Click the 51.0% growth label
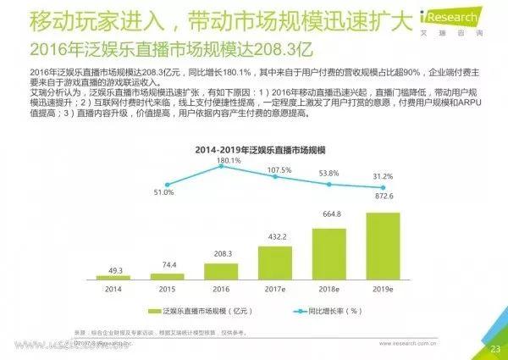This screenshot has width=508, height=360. pyautogui.click(x=163, y=193)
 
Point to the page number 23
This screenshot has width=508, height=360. pyautogui.click(x=495, y=349)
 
